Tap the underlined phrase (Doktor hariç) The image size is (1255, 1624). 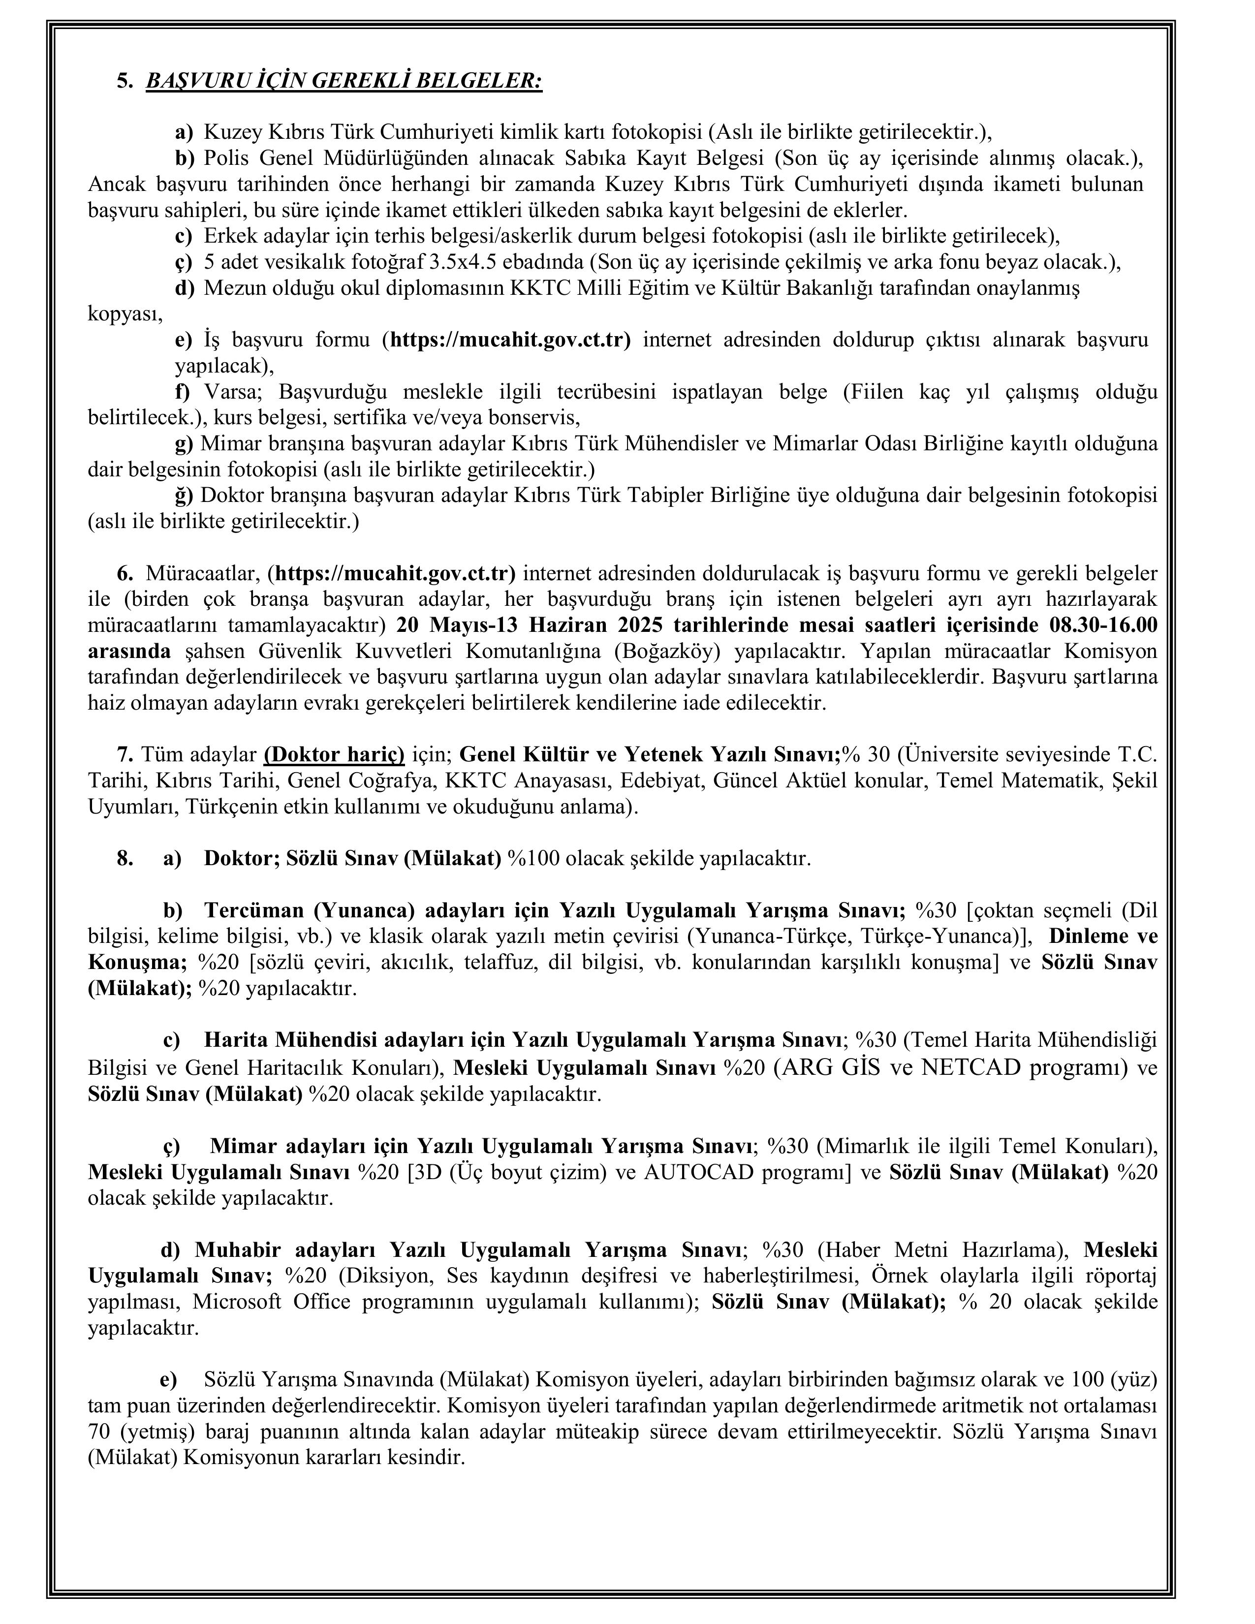point(334,755)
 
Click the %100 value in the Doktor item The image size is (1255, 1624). point(533,859)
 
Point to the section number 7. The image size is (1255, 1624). point(124,755)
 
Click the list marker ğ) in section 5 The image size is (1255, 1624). point(184,495)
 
